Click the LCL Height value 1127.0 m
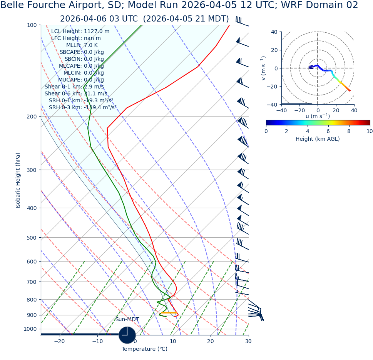(x=97, y=32)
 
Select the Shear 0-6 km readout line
(x=76, y=94)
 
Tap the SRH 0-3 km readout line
(x=82, y=108)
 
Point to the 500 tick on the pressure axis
(x=32, y=238)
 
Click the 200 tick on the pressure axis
(x=32, y=117)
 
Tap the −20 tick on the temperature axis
(x=59, y=341)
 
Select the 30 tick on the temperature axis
(x=248, y=341)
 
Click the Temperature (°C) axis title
(x=144, y=349)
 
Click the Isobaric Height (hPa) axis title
(x=18, y=180)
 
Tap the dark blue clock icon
(x=127, y=335)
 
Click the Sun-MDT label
(x=127, y=320)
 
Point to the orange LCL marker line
(x=169, y=313)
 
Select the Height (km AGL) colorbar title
(x=318, y=139)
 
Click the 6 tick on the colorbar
(x=328, y=131)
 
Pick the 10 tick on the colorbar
(x=370, y=131)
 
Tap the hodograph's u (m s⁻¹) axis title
(x=318, y=116)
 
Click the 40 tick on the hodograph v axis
(x=274, y=32)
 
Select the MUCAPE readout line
(x=81, y=80)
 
